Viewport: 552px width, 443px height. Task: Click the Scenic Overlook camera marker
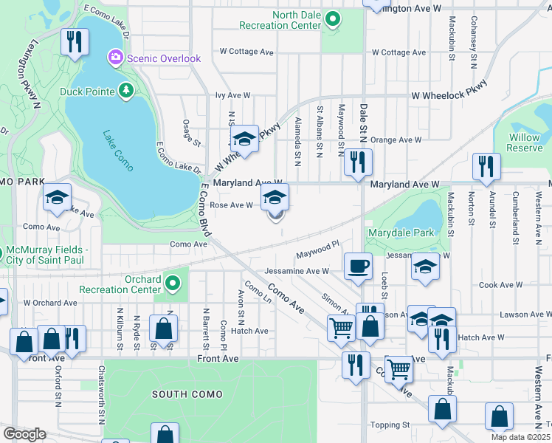click(x=115, y=57)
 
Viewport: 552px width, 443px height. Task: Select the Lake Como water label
click(x=118, y=151)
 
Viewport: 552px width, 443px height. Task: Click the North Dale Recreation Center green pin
click(x=333, y=19)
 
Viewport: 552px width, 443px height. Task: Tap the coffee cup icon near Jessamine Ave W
click(x=358, y=266)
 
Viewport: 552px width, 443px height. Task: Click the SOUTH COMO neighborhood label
click(x=187, y=394)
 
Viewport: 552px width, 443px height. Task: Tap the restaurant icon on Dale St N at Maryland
click(x=358, y=162)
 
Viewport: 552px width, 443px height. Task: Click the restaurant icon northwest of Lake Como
click(x=75, y=42)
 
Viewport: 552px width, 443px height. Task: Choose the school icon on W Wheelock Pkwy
click(x=244, y=139)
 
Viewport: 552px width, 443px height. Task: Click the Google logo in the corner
click(x=24, y=434)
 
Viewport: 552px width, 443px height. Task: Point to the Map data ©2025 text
click(x=521, y=437)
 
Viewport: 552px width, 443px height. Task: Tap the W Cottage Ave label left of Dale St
click(x=246, y=52)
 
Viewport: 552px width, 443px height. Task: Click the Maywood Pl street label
click(x=317, y=254)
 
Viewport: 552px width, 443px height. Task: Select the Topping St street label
click(x=390, y=425)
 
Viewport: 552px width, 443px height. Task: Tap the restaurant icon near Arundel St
click(x=486, y=166)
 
